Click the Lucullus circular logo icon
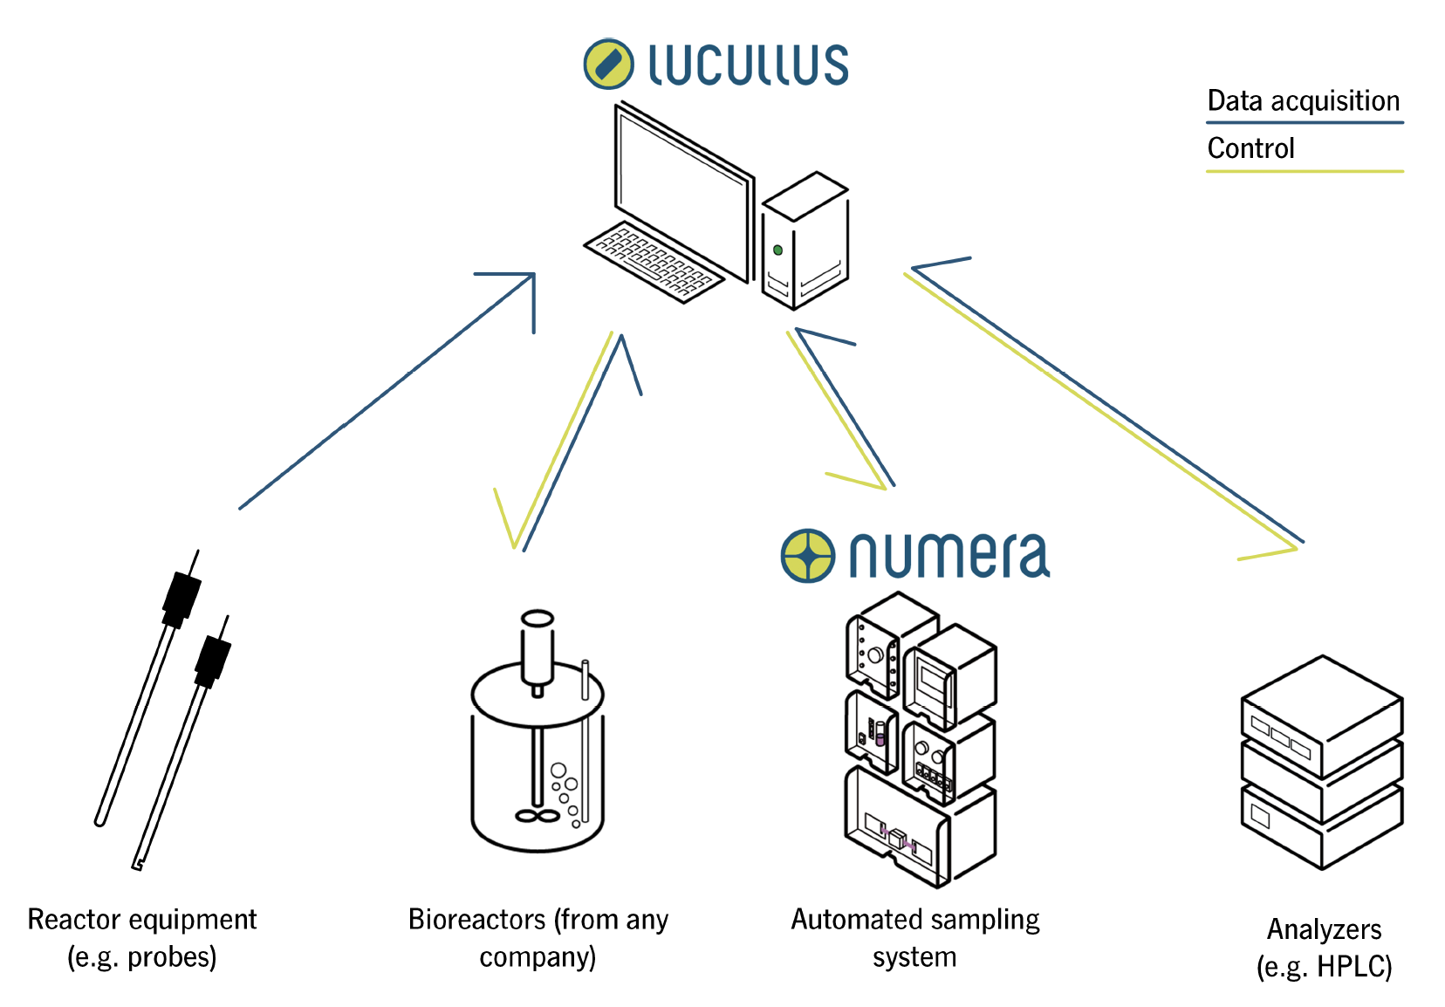tap(608, 64)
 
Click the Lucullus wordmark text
tap(748, 65)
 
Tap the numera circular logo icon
tap(807, 555)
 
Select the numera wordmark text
tap(948, 556)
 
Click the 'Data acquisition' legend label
tap(1303, 101)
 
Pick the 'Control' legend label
tap(1250, 148)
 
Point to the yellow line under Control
tap(1305, 171)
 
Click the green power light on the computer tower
tap(777, 250)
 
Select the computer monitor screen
tap(682, 192)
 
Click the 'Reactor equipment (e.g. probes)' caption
tap(142, 938)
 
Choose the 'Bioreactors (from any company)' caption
tap(538, 938)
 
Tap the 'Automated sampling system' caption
tap(914, 938)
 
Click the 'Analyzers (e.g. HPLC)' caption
tap(1324, 948)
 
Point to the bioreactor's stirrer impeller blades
tap(538, 816)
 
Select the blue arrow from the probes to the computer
tap(384, 393)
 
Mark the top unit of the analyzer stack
tap(1321, 716)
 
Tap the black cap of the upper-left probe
tap(181, 598)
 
